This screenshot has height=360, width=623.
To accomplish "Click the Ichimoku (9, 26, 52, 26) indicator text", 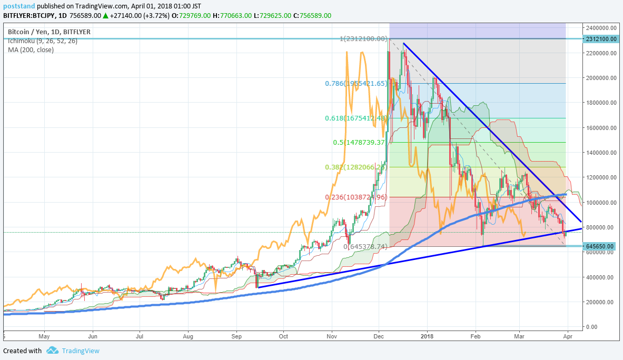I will pyautogui.click(x=43, y=41).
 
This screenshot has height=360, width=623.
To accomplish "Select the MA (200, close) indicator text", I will pyautogui.click(x=31, y=50).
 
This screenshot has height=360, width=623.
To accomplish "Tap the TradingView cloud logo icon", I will pyautogui.click(x=52, y=351).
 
